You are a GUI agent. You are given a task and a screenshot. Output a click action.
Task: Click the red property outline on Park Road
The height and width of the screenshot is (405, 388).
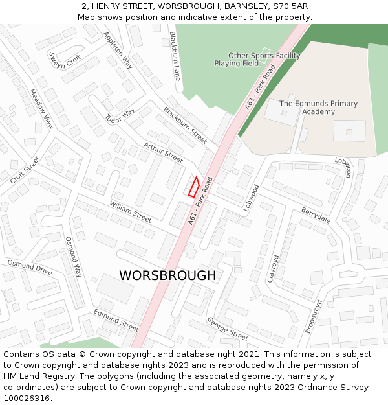(193, 186)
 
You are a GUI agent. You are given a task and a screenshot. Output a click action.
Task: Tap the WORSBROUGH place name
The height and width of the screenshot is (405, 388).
(167, 275)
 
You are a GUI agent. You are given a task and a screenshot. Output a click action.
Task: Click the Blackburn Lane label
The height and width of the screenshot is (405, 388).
(174, 56)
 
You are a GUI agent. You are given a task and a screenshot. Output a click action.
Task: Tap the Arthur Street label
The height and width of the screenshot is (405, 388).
(164, 152)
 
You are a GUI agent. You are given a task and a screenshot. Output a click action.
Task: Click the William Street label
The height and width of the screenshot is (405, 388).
(130, 211)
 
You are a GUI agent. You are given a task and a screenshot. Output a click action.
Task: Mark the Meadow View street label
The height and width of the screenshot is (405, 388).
(41, 109)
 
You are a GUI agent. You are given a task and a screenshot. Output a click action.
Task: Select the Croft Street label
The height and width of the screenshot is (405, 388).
(25, 170)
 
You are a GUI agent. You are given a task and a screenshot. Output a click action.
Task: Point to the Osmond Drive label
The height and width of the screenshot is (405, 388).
(30, 267)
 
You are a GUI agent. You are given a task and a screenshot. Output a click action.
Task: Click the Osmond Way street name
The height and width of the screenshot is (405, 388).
(73, 257)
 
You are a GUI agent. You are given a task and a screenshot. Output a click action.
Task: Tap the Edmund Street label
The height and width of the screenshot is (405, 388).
(116, 320)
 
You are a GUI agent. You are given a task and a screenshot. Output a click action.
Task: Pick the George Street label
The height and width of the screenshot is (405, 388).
(227, 329)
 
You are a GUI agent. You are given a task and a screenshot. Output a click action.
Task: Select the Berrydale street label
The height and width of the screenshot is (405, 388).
(316, 215)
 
